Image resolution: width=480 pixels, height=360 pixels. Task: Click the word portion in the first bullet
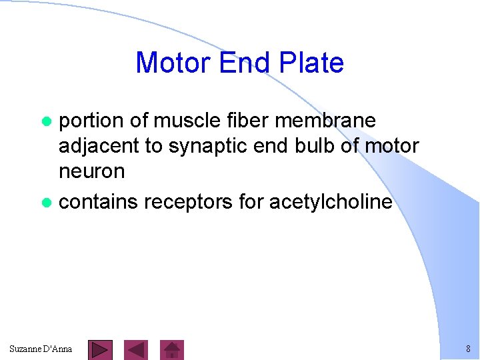tap(91, 121)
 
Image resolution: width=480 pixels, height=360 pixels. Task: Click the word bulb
tap(315, 145)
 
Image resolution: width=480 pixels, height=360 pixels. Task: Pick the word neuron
tap(92, 171)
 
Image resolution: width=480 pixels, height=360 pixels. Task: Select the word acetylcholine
tap(331, 202)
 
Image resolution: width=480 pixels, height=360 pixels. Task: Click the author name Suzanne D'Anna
tap(41, 349)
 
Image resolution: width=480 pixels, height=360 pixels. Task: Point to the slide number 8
tap(468, 349)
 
